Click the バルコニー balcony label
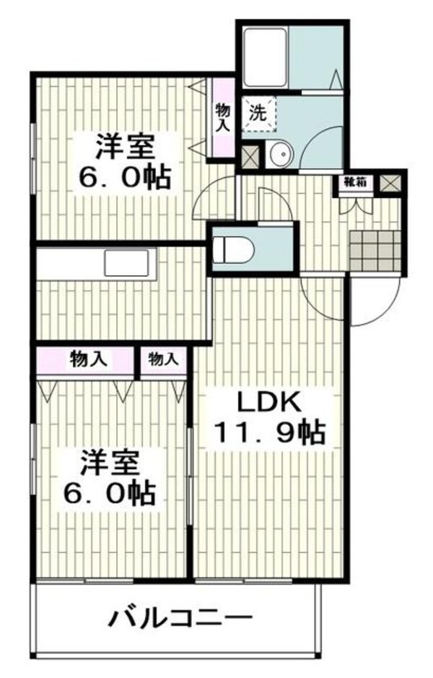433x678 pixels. point(180,618)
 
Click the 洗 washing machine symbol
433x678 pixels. point(258,113)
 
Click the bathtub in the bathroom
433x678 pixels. point(266,56)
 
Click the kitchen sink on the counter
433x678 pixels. point(130,262)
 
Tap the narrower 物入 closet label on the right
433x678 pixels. point(162,359)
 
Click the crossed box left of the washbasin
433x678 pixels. point(250,155)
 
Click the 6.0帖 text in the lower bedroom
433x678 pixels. point(108,494)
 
